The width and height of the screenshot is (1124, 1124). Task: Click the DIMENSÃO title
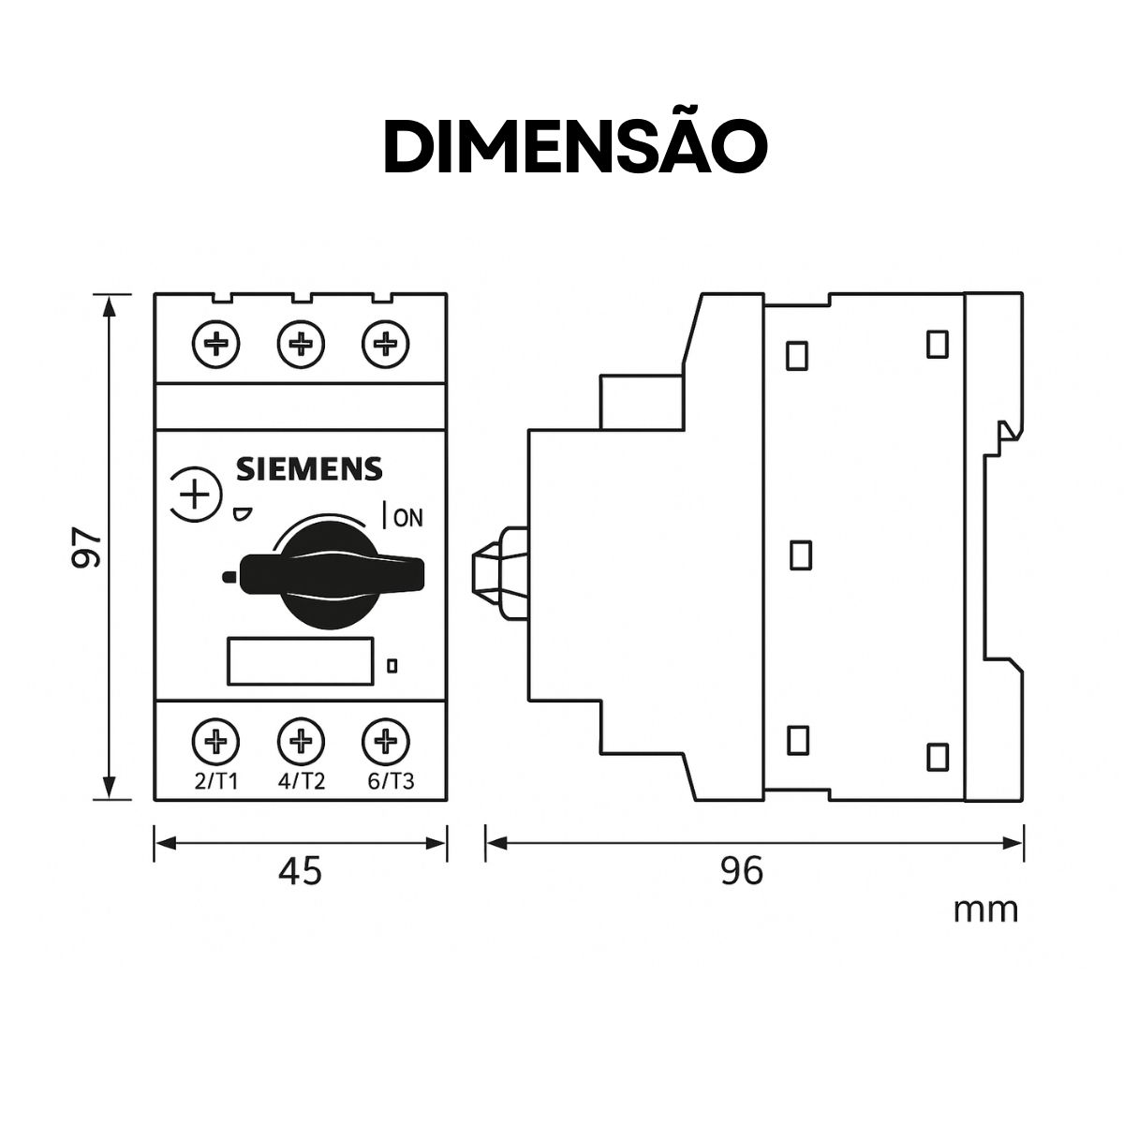click(x=575, y=146)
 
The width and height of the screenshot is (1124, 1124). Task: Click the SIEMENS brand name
click(x=308, y=469)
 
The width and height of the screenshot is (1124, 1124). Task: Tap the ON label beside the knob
click(x=408, y=517)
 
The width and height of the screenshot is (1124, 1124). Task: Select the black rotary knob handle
click(x=323, y=572)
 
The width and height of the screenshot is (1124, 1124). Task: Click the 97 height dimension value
click(x=86, y=547)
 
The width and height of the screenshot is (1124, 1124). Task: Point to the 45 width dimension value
click(x=301, y=872)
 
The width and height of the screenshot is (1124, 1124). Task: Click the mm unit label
click(x=985, y=910)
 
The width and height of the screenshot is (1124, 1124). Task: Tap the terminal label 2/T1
click(x=216, y=782)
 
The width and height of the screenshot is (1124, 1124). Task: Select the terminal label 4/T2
click(x=302, y=782)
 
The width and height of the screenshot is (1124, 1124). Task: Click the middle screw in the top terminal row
click(x=301, y=345)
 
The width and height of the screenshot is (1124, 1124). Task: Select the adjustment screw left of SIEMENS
click(x=194, y=494)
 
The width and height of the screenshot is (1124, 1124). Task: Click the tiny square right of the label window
click(x=392, y=666)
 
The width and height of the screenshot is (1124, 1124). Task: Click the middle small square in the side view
click(x=800, y=555)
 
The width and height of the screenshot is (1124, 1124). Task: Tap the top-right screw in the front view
click(x=386, y=345)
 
